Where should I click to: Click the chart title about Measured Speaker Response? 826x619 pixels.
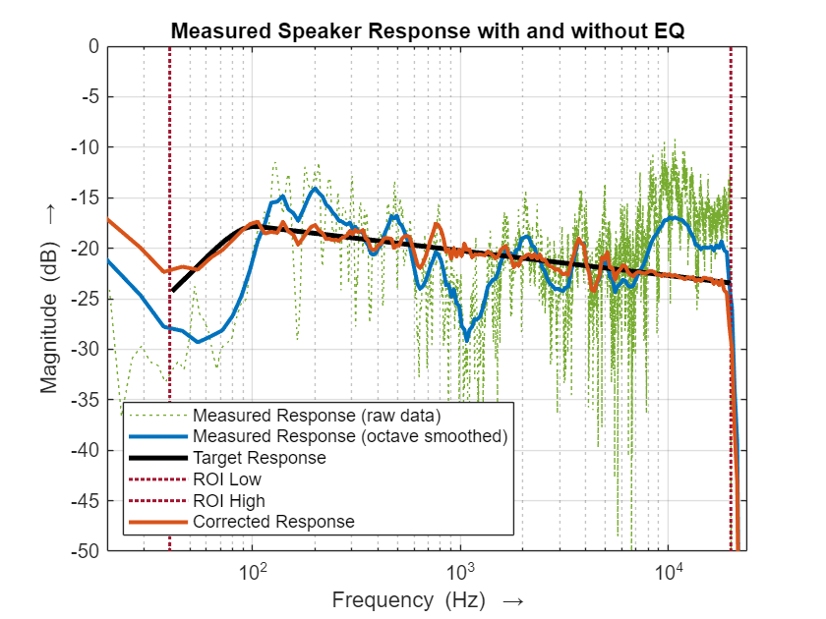point(427,30)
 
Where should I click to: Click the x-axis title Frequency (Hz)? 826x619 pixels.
point(427,600)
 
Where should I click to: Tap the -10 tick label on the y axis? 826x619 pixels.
point(87,147)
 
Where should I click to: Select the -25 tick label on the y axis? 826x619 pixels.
point(87,299)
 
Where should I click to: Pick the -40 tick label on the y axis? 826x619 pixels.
point(87,450)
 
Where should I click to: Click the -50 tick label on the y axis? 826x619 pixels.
point(87,551)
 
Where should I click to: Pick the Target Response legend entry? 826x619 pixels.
point(260,458)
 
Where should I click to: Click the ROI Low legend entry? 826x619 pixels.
point(227,479)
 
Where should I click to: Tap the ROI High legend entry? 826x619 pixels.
point(229,501)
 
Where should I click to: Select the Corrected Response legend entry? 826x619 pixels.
point(273,522)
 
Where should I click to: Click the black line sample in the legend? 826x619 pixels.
point(157,458)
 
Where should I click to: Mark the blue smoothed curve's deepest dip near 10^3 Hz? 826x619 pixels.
point(467,338)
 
